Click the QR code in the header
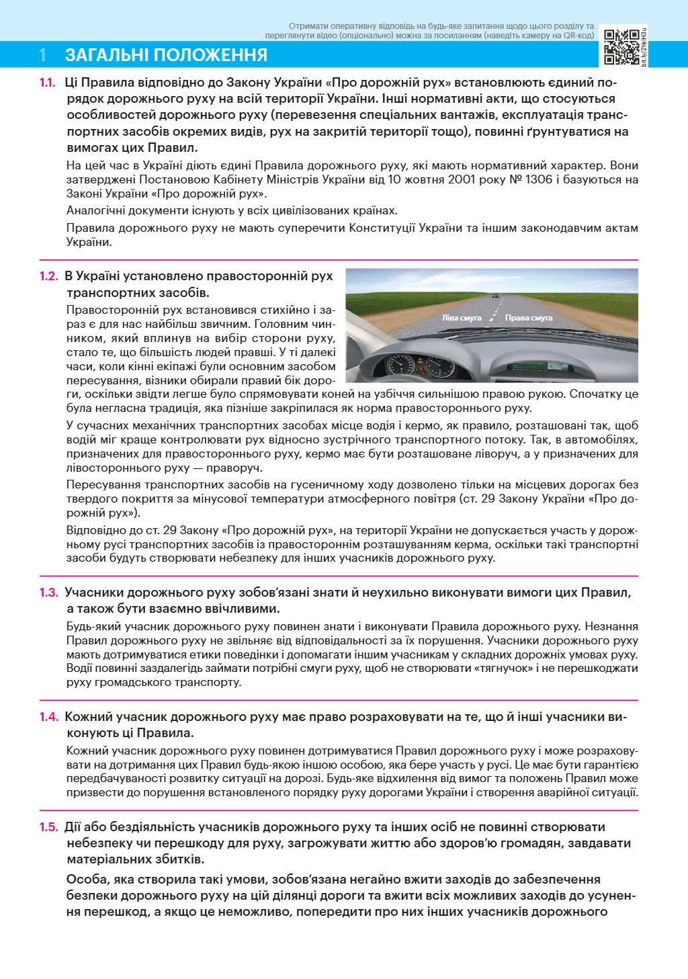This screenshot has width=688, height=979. pos(621,47)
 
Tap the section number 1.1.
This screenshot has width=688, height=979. pos(47,83)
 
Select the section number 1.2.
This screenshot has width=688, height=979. pos(48,276)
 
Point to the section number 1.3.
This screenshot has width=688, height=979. pos(48,593)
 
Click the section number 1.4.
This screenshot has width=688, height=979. pos(48,717)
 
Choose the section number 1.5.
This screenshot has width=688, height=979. pos(48,827)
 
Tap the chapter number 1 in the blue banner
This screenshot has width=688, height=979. pos(43,55)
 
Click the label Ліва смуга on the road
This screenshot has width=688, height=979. pos(462,318)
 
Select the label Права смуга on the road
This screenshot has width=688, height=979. pos(528,318)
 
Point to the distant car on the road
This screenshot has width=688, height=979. pos(494,296)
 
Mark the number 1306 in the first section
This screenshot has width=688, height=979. pos(539,179)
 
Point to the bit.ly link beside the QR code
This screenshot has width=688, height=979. pos(644,47)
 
